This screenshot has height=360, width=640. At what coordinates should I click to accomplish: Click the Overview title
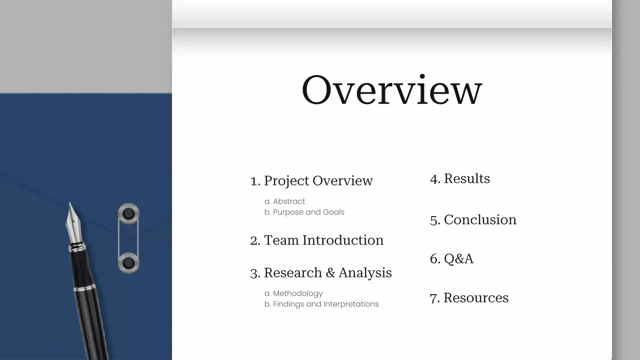(x=391, y=90)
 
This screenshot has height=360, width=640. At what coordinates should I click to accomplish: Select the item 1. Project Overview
(x=311, y=180)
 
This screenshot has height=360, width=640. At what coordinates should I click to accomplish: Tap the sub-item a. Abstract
(x=284, y=201)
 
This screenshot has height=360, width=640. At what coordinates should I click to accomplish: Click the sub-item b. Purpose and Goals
(x=304, y=212)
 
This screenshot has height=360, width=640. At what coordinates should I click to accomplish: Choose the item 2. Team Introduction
(x=316, y=240)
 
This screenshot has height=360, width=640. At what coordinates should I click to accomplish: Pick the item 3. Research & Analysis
(x=320, y=273)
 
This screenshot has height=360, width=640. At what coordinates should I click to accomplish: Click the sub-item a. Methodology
(x=293, y=293)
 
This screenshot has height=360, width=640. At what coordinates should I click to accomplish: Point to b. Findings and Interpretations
(x=321, y=304)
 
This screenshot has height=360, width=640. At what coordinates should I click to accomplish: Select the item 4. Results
(x=460, y=178)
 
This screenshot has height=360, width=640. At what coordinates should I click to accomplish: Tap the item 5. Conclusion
(x=473, y=219)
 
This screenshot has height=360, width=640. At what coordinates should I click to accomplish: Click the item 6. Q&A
(x=451, y=258)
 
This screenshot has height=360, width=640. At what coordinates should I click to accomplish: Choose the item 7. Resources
(x=469, y=297)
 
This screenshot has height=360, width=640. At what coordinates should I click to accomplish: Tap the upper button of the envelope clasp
(x=128, y=213)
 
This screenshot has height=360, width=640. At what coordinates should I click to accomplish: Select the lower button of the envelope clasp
(x=128, y=262)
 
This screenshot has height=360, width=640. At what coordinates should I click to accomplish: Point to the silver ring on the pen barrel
(x=84, y=288)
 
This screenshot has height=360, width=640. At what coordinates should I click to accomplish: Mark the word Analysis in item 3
(x=365, y=273)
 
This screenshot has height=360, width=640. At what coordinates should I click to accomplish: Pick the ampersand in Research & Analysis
(x=330, y=273)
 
